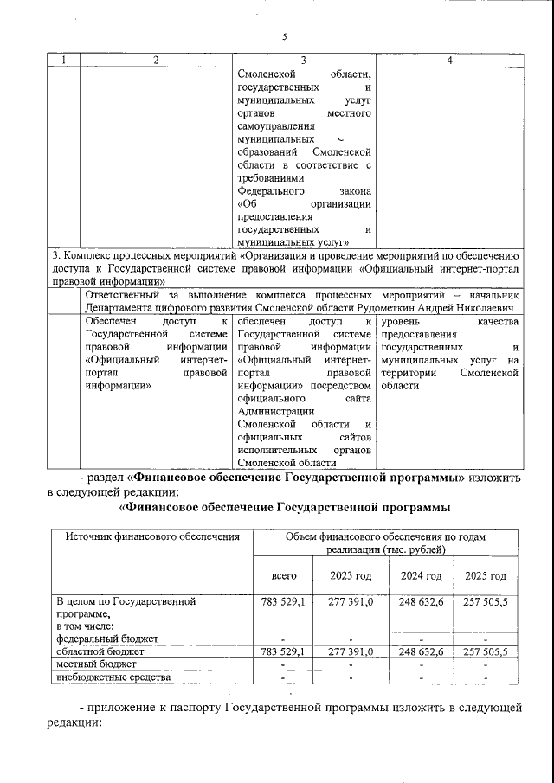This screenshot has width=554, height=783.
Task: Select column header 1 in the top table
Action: click(63, 60)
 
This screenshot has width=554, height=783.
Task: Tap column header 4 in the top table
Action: click(448, 60)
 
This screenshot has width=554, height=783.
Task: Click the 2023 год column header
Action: click(351, 576)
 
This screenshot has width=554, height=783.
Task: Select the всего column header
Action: click(284, 576)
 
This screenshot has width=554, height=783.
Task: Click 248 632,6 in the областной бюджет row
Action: click(421, 651)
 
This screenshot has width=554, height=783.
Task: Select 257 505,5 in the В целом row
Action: click(485, 600)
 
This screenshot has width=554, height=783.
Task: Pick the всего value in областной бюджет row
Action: click(284, 651)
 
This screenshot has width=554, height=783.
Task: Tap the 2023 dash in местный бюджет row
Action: click(351, 664)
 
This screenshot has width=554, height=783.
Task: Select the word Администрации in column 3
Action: click(274, 411)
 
